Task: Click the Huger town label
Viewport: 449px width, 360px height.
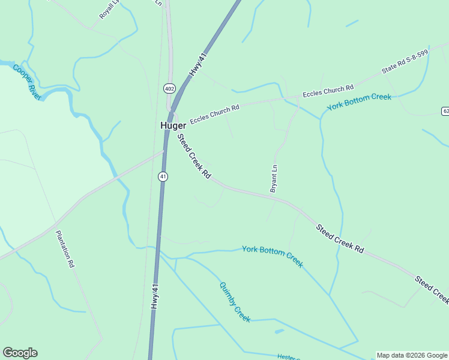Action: [x=173, y=125]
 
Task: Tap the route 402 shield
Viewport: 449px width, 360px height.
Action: [x=169, y=88]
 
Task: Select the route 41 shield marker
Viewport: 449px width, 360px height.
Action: [x=163, y=176]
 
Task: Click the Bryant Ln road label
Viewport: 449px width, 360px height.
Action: [x=275, y=179]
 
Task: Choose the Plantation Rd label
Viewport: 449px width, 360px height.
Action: [x=65, y=248]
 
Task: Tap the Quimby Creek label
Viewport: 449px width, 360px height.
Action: [x=235, y=302]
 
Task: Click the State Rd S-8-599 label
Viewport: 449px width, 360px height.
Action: [x=405, y=62]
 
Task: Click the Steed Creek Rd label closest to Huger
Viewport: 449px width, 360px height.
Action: [x=194, y=156]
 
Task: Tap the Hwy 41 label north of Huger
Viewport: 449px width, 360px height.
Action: [x=197, y=64]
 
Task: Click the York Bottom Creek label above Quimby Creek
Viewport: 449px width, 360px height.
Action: [x=273, y=256]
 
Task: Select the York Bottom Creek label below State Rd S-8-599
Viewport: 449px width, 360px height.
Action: [x=359, y=102]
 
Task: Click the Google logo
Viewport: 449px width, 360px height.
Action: [x=20, y=352]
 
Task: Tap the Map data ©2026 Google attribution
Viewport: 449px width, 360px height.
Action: [x=412, y=355]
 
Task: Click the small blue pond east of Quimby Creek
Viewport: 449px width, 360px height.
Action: [x=279, y=331]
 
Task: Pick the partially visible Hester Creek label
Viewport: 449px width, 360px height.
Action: [x=289, y=357]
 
